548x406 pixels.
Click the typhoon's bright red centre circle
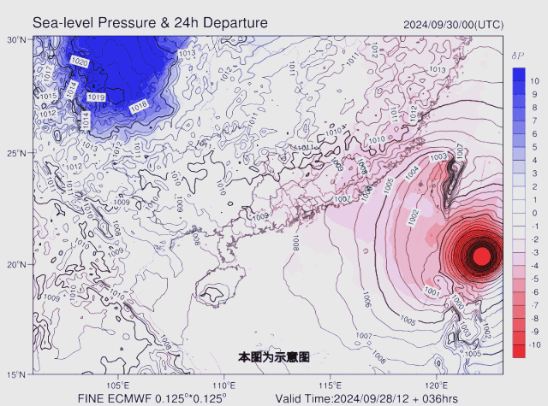tap(481, 255)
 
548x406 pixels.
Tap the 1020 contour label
tap(80, 62)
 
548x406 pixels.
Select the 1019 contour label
tap(96, 98)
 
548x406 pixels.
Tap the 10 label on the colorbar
tap(534, 81)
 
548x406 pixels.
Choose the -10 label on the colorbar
tap(533, 344)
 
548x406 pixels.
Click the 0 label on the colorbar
tap(534, 213)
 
